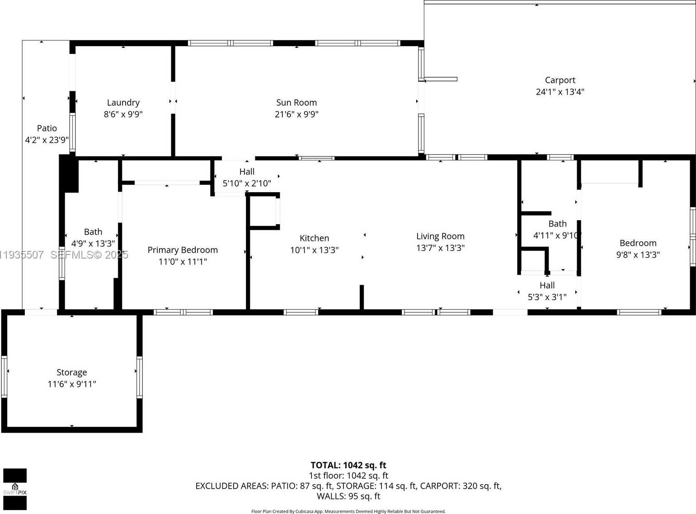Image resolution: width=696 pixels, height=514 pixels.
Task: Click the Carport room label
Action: pos(560,80)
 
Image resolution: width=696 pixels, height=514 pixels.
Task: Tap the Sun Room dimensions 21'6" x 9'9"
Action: pos(296,114)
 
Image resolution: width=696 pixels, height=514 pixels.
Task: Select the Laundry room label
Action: pos(123,103)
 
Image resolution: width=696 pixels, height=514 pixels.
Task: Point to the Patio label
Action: pos(47,128)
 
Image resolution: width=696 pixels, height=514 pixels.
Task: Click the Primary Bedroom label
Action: pos(183,250)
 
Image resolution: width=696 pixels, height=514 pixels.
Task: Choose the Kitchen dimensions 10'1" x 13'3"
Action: pos(314,250)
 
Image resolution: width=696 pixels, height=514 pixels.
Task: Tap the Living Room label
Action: pos(440,236)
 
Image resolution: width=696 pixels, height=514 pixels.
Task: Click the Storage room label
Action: pos(71,373)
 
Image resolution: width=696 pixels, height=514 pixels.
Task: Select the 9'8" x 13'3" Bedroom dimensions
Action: pos(638,255)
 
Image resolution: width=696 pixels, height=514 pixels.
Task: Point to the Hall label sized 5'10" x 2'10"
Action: pos(247,172)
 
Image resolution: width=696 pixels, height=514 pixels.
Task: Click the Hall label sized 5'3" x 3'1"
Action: pos(547,285)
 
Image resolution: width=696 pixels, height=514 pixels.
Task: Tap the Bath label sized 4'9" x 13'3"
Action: pos(93,232)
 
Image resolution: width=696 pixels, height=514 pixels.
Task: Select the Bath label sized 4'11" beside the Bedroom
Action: pos(557,224)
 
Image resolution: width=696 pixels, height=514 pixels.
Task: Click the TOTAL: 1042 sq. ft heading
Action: pos(348,465)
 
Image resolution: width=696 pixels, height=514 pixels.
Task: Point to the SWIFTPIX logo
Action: pos(15,489)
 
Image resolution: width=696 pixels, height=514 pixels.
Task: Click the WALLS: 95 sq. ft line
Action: pos(348,496)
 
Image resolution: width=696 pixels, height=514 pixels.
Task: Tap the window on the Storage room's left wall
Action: pos(5,377)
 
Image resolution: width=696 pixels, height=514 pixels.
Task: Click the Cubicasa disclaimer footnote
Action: pos(348,511)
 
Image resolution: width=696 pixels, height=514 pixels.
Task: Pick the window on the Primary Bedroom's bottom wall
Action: pos(183,312)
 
